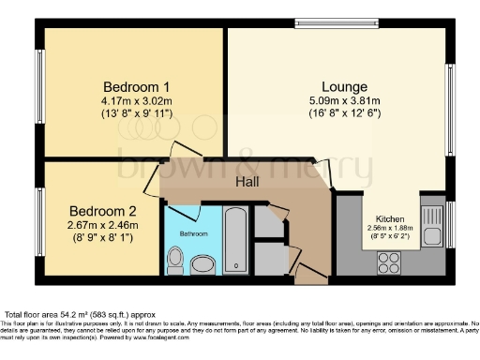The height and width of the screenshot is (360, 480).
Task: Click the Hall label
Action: (x=247, y=181)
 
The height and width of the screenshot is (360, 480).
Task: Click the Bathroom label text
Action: (x=194, y=232)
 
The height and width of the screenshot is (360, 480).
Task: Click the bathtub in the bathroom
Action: (x=234, y=241)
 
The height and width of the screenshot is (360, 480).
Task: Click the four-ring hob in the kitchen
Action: (x=388, y=263)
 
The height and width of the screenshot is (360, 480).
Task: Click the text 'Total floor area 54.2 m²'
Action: (x=66, y=314)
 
